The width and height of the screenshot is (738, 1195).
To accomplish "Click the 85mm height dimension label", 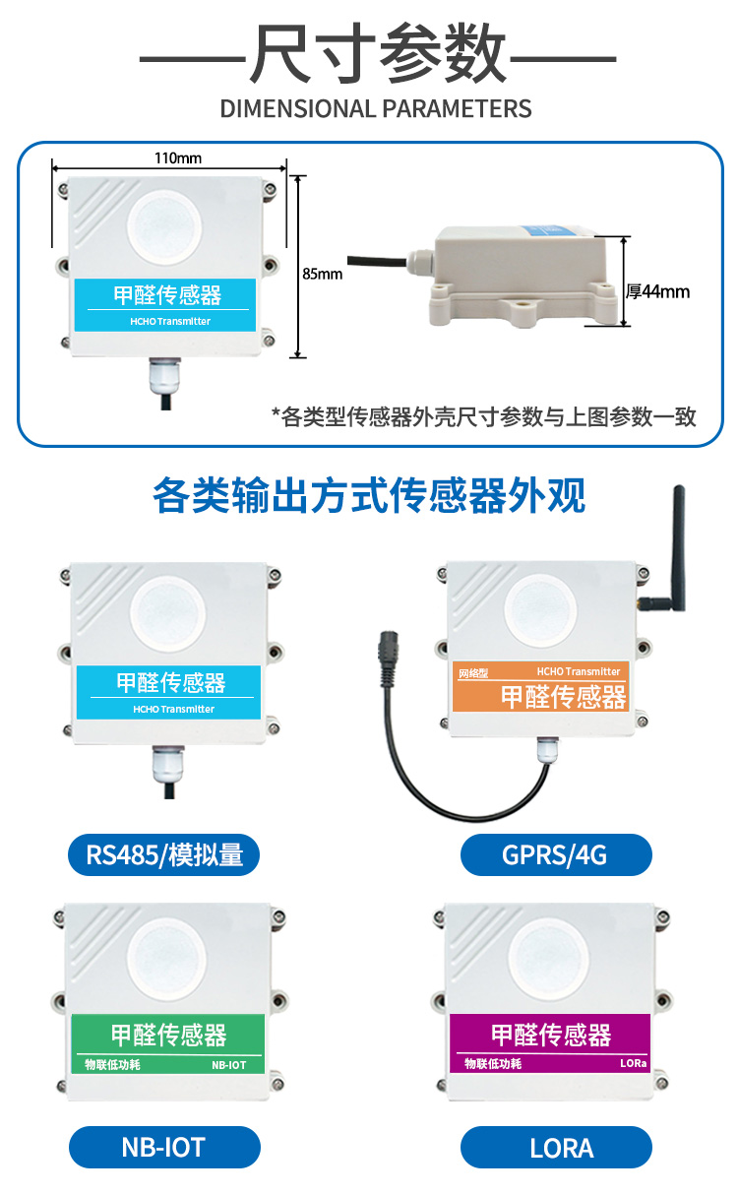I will [x=323, y=274].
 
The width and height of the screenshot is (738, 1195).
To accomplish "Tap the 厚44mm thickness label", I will [x=658, y=291].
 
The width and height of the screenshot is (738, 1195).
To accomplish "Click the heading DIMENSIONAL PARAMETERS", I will [x=376, y=108].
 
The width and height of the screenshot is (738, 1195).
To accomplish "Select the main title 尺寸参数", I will [x=378, y=54].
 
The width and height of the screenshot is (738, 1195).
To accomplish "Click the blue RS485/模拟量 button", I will [x=164, y=854].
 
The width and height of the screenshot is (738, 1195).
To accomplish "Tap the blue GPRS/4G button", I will [x=556, y=854].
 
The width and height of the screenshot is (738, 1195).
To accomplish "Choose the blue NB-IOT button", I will [x=164, y=1147].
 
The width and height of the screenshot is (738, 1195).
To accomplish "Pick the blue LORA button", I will [x=556, y=1147].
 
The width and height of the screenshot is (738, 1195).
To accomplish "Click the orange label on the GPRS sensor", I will [x=538, y=687].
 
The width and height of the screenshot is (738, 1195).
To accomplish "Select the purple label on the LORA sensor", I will [x=550, y=1042].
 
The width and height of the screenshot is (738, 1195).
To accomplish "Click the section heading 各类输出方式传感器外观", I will [x=369, y=496].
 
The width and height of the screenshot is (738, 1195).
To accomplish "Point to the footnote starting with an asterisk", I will [x=483, y=416].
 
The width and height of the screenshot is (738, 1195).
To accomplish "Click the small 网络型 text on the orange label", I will [x=473, y=674].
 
